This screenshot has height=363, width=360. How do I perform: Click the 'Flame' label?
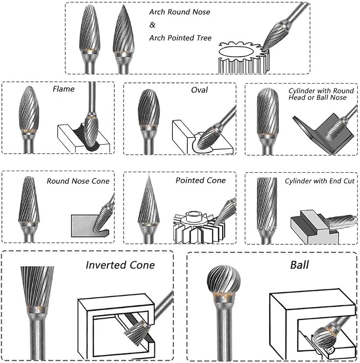(64, 89)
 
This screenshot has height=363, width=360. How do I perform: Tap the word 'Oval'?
(199, 90)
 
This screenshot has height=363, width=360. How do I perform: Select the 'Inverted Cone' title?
(120, 265)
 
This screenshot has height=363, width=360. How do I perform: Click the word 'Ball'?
(300, 265)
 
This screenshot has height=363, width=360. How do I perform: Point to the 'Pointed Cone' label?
(200, 180)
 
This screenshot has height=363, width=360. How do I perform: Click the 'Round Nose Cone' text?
(78, 181)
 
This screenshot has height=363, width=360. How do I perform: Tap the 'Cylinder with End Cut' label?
(320, 181)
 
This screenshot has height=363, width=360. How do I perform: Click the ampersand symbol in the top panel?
(152, 25)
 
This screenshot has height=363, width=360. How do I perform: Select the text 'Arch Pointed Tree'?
(180, 38)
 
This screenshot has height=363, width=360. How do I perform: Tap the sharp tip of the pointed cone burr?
(149, 175)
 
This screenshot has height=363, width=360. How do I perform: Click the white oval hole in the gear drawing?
(235, 52)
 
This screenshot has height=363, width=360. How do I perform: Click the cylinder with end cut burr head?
(267, 203)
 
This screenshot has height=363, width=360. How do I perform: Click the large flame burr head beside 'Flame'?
(29, 108)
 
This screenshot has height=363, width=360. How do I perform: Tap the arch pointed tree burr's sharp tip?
(124, 5)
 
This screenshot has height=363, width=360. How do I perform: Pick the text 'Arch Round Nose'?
(180, 12)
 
